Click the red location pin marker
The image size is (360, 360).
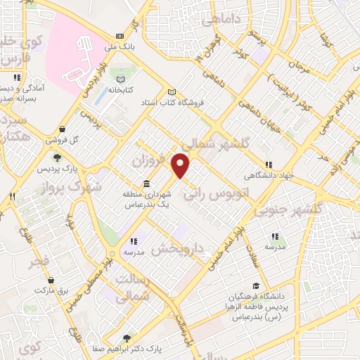click(x=181, y=165)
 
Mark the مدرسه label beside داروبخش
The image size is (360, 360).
click(x=134, y=251)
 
